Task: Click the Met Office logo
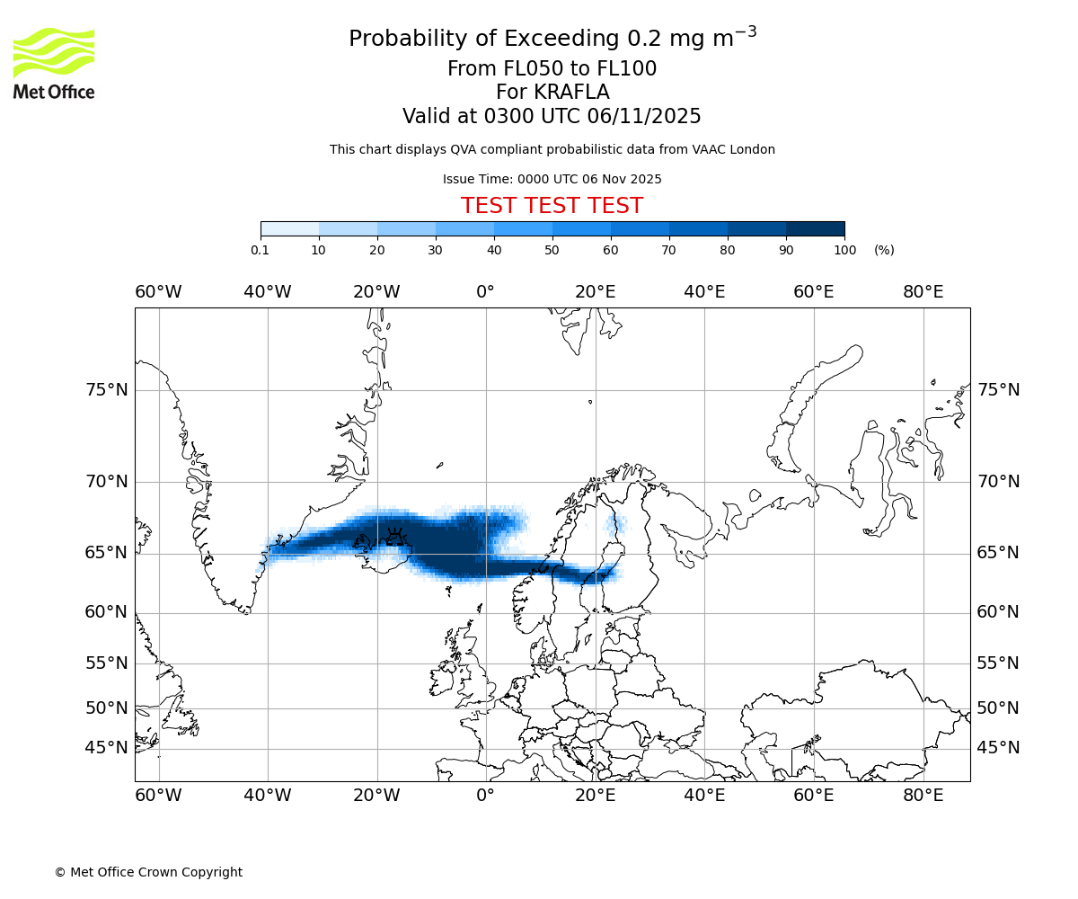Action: tap(54, 63)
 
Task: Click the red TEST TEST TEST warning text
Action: tap(552, 206)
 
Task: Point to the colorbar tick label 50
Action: tap(552, 250)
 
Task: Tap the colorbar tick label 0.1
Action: tap(261, 250)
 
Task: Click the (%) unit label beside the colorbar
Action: tap(884, 250)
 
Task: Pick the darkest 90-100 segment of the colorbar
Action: tap(815, 229)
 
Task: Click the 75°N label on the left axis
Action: tap(106, 390)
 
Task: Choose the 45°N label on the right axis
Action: tap(998, 748)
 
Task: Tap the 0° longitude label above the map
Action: tap(486, 292)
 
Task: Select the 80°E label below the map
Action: tap(923, 796)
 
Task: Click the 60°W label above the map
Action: tap(158, 292)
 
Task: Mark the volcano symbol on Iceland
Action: tap(393, 538)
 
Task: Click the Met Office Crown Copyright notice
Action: tap(148, 872)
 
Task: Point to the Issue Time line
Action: tap(552, 179)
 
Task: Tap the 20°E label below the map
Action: tap(595, 796)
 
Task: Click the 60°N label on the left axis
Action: tap(106, 612)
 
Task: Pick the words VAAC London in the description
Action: tap(737, 149)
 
